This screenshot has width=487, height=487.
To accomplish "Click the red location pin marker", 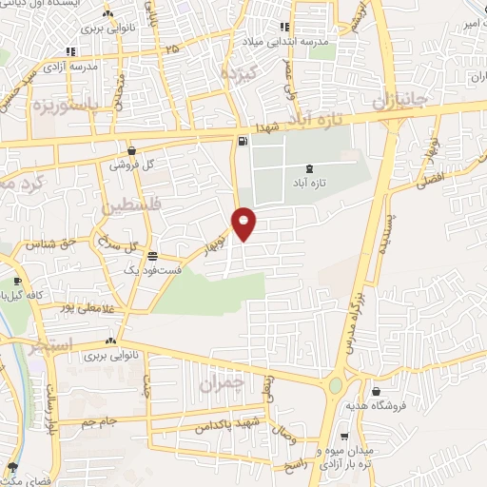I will pos(244,224).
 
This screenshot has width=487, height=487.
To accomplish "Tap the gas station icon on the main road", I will pos(243,143).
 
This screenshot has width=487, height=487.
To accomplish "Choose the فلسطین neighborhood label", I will pos(131,205).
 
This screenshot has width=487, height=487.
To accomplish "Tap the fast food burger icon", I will pos(153,255).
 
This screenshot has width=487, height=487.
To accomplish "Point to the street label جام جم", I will pos(100,419).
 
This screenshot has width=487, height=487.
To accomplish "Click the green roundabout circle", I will pos(336,385).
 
